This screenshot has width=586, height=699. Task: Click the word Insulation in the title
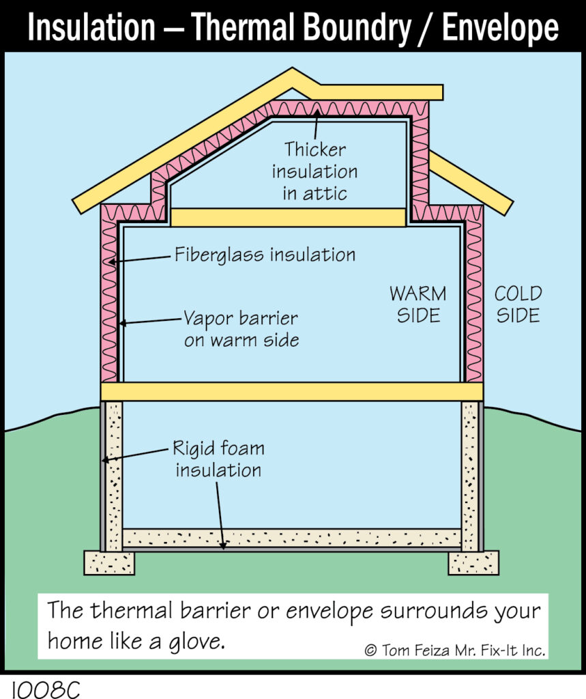click(91, 27)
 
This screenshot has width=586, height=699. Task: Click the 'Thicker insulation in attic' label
click(315, 171)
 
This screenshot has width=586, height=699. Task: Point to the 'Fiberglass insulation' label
click(265, 255)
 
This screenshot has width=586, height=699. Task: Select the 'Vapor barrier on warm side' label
click(241, 329)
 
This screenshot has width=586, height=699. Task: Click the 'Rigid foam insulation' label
click(218, 459)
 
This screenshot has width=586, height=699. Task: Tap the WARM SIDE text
click(418, 304)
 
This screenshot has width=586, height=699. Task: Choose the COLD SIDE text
click(518, 304)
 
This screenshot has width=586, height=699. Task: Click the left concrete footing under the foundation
click(109, 562)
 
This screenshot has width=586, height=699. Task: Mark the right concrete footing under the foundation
click(473, 562)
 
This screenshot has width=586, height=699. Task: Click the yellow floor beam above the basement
click(292, 391)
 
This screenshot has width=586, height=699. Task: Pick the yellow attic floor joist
click(289, 218)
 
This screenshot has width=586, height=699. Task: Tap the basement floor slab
click(292, 538)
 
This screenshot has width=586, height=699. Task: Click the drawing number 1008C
click(46, 689)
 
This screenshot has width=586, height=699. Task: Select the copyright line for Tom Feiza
click(455, 651)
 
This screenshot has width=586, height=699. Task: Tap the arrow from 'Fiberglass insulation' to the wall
click(139, 259)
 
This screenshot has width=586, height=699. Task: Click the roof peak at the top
click(293, 69)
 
